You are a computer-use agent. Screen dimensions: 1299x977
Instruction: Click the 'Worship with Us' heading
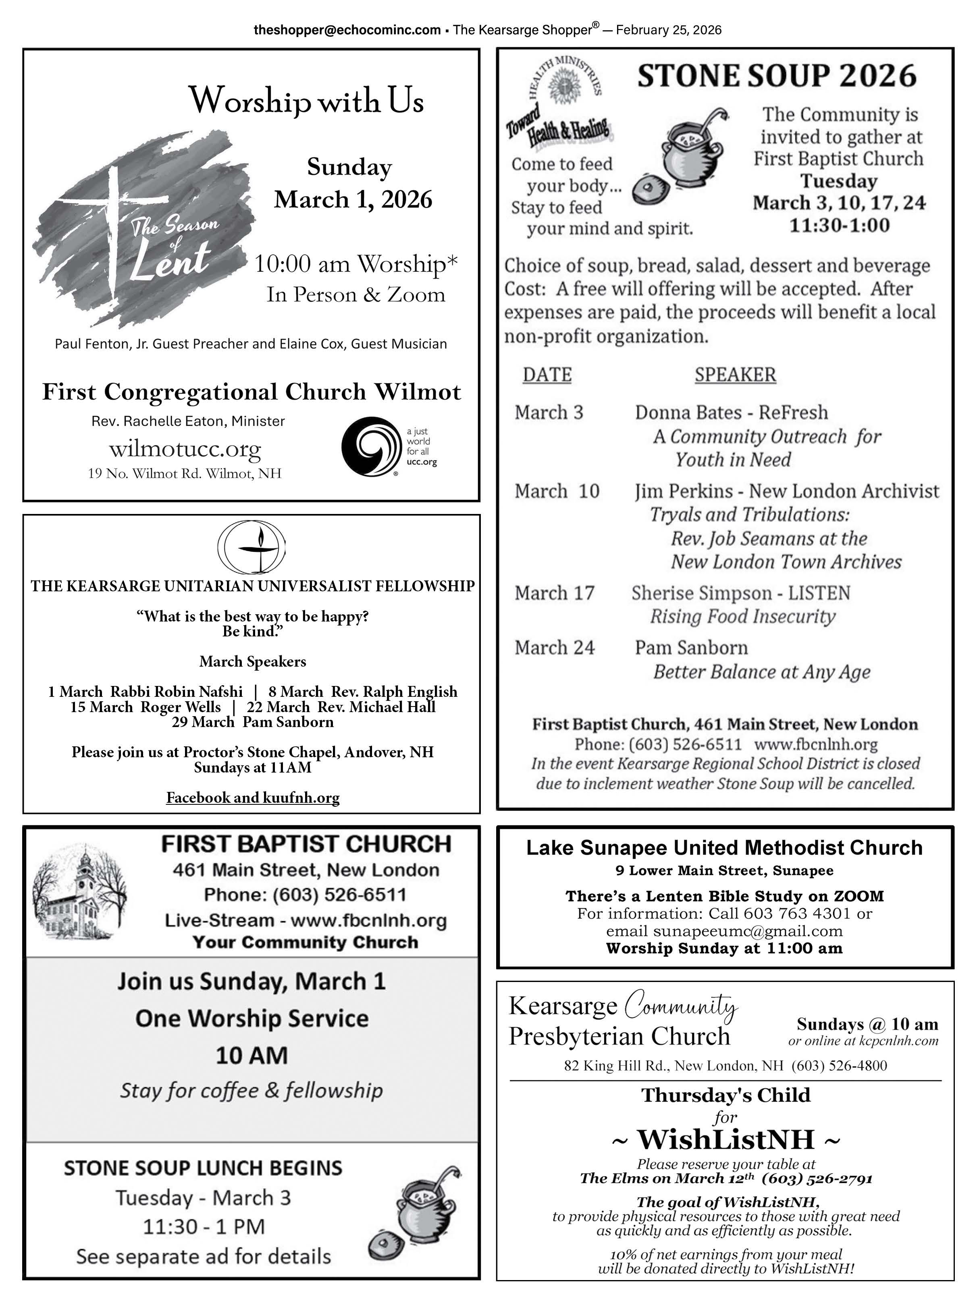click(306, 100)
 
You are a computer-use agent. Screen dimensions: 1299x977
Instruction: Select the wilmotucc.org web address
click(185, 449)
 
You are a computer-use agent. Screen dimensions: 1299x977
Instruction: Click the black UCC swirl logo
click(369, 446)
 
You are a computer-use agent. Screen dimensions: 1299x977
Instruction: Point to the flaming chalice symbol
click(252, 547)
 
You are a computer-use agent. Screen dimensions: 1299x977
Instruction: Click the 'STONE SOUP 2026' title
click(777, 76)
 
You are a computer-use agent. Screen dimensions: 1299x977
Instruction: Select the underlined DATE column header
click(547, 375)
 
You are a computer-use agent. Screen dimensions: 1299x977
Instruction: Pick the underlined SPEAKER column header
click(735, 375)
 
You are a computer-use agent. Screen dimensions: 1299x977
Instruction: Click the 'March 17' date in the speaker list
click(555, 593)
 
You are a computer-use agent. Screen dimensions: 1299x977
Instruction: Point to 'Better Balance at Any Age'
click(761, 672)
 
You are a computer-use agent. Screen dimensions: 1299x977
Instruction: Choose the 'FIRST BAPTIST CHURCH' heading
click(306, 844)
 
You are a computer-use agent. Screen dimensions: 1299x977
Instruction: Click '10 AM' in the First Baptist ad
click(252, 1055)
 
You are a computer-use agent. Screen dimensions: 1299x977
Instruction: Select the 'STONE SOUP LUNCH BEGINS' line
click(203, 1168)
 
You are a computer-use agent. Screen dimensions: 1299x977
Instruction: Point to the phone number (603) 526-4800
click(839, 1066)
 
